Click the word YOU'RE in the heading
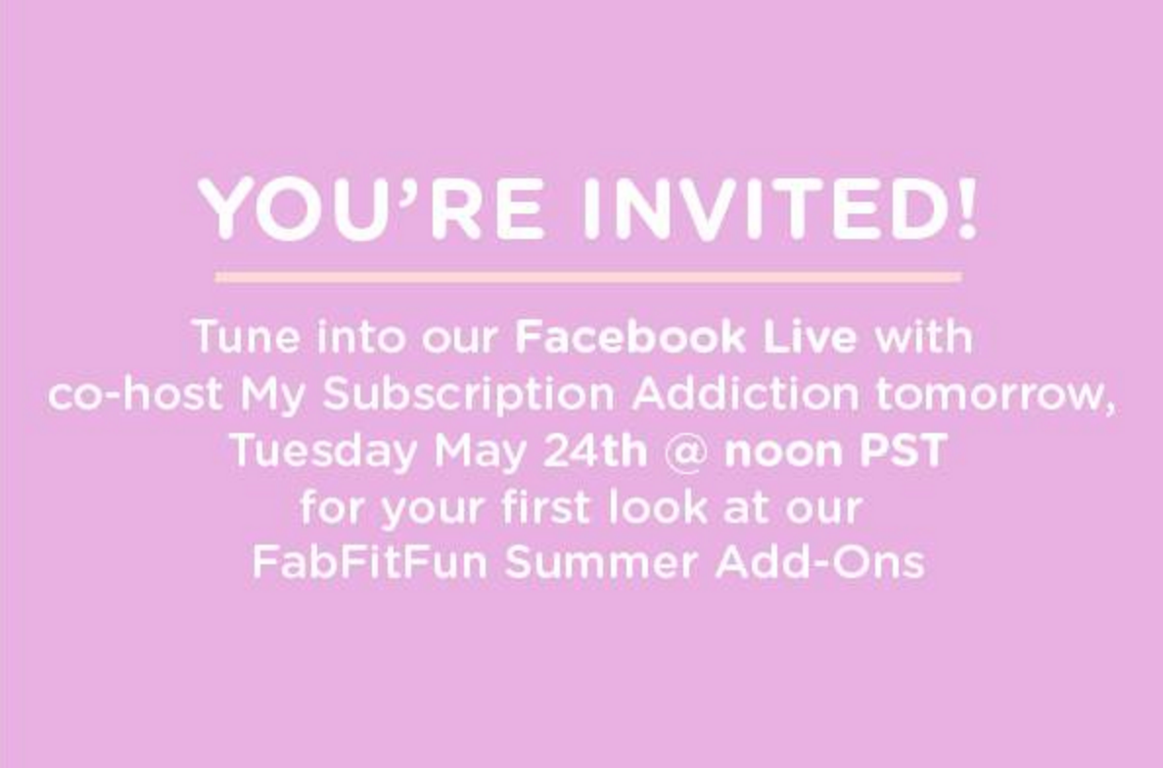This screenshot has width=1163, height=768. coord(371,210)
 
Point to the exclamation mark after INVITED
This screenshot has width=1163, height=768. coord(966,210)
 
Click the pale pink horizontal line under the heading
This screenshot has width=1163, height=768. coord(587,277)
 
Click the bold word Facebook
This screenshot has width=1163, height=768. coord(629,338)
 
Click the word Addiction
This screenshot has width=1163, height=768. coord(745,395)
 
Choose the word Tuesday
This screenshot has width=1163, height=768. coord(322,452)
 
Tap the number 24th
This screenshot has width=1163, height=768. coord(595,452)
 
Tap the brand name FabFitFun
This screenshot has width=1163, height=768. coord(369,563)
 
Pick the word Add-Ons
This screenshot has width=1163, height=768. coord(819,563)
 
